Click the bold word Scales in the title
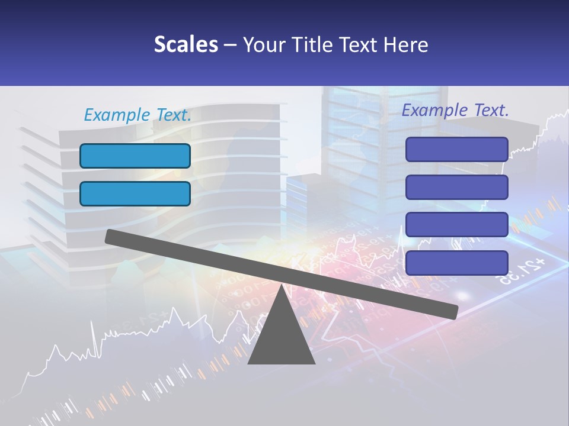click(186, 44)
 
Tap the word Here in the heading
click(406, 44)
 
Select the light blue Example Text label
click(138, 115)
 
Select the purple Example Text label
click(455, 110)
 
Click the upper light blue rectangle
click(135, 156)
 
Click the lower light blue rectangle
click(135, 193)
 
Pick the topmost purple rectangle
click(456, 149)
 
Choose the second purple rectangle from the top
click(456, 187)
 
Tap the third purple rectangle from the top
click(456, 225)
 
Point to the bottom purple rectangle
click(456, 263)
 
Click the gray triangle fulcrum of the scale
click(282, 337)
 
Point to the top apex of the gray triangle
click(282, 286)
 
